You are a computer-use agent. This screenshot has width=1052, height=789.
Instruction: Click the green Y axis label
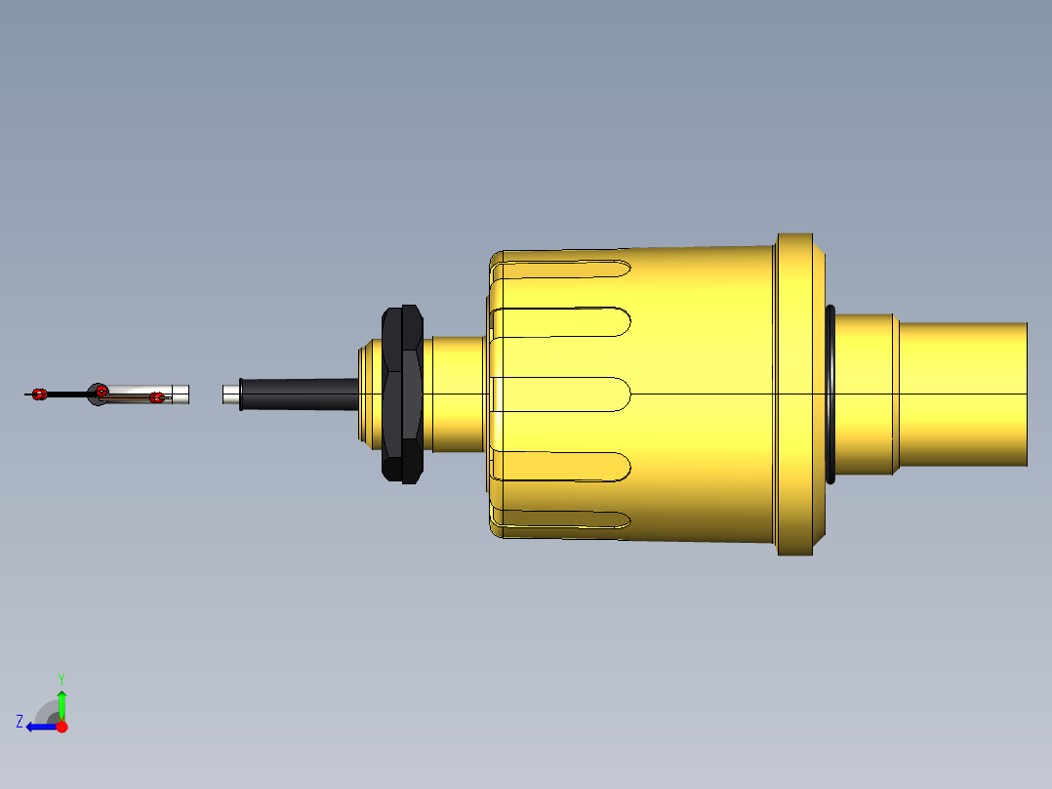(x=61, y=677)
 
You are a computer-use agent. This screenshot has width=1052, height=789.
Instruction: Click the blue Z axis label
(x=20, y=722)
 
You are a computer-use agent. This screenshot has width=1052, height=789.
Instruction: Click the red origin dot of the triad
(x=61, y=727)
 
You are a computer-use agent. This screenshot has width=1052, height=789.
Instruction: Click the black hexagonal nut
(x=402, y=394)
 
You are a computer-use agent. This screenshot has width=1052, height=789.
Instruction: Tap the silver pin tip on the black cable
(x=230, y=394)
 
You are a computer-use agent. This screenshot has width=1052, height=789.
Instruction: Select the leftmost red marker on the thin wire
(x=39, y=394)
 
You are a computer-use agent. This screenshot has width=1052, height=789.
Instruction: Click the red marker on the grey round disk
(x=101, y=392)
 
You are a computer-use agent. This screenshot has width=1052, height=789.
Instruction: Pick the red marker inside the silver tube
(x=156, y=397)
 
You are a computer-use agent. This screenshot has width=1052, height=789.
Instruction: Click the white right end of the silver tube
(x=181, y=394)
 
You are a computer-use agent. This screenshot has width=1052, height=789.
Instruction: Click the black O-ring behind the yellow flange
(x=830, y=394)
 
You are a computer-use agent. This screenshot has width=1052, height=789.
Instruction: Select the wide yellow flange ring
(x=795, y=394)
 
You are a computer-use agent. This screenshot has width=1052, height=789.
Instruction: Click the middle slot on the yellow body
(x=561, y=394)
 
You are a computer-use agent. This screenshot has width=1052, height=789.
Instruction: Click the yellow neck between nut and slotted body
(x=455, y=394)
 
